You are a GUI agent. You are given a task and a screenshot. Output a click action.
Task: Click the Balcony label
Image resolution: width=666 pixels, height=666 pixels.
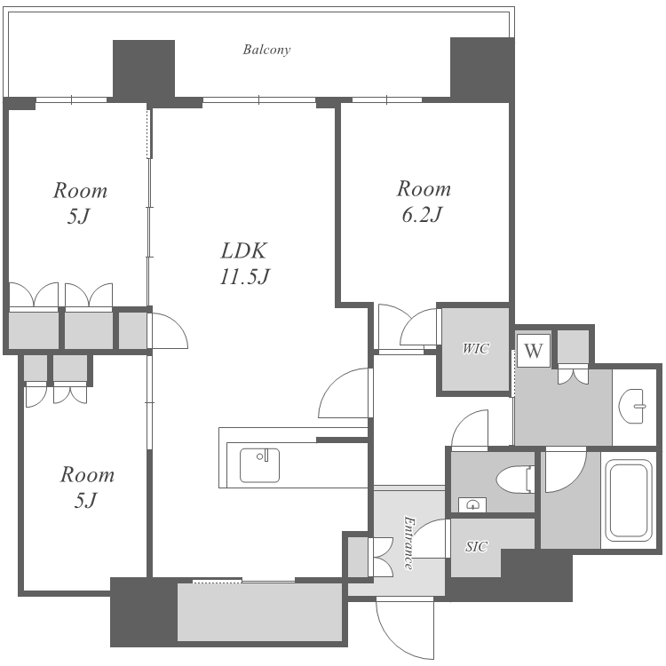pos(266,50)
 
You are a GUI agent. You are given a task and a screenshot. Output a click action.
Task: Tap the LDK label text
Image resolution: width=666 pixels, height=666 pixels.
pos(243,250)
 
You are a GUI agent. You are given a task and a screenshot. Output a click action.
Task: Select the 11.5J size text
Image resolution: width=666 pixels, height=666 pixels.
pos(245,276)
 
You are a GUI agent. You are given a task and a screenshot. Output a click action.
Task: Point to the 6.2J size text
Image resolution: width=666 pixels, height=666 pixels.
pos(422,215)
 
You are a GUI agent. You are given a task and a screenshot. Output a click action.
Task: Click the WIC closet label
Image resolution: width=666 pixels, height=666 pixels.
pos(476,349)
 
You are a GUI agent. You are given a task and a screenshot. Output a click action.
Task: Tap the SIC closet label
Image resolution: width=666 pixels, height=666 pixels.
pos(476,546)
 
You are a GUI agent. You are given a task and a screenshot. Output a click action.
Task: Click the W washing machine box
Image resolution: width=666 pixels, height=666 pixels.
pos(534,351)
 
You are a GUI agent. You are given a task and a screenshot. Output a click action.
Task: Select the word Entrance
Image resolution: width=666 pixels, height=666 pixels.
pos(408,543)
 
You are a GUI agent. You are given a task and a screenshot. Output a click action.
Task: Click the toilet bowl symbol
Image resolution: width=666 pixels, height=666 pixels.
pos(515,480)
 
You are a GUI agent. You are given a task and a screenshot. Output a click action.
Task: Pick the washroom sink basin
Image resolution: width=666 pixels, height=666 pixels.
pos(632,406)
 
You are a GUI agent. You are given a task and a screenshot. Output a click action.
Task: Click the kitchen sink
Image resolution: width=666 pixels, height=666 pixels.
pos(259,465)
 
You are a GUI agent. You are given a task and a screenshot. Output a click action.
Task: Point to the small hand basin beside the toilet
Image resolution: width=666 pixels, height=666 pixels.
pos(472,504)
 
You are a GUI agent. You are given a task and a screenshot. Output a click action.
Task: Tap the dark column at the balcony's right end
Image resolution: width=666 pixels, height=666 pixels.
pos(482,69)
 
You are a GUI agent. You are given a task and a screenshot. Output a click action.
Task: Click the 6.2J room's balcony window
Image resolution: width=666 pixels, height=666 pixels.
pos(387,99)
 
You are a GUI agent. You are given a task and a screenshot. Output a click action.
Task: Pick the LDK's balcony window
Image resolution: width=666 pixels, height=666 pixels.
pos(259,99)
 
